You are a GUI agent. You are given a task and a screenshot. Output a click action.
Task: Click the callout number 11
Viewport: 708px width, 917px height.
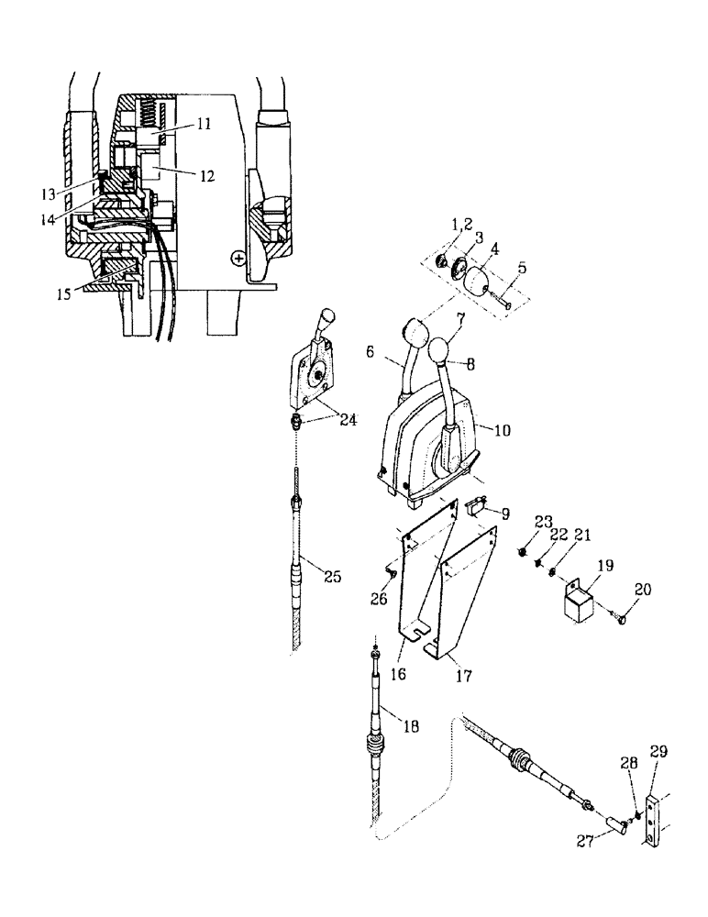(202, 121)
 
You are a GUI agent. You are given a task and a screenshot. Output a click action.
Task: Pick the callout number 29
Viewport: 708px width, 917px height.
(658, 751)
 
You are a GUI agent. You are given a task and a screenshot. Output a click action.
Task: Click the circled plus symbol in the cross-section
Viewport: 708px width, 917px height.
(239, 259)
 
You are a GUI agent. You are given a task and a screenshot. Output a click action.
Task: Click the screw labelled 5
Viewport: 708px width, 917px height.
(501, 295)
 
